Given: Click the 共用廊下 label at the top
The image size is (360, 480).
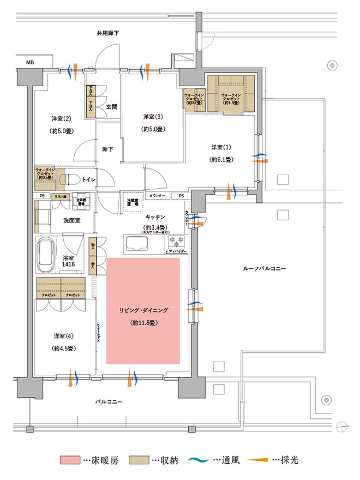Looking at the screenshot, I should [x=107, y=34].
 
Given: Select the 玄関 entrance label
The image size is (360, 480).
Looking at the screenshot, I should [x=112, y=106].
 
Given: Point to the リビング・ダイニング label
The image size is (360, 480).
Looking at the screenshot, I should [x=143, y=310].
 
